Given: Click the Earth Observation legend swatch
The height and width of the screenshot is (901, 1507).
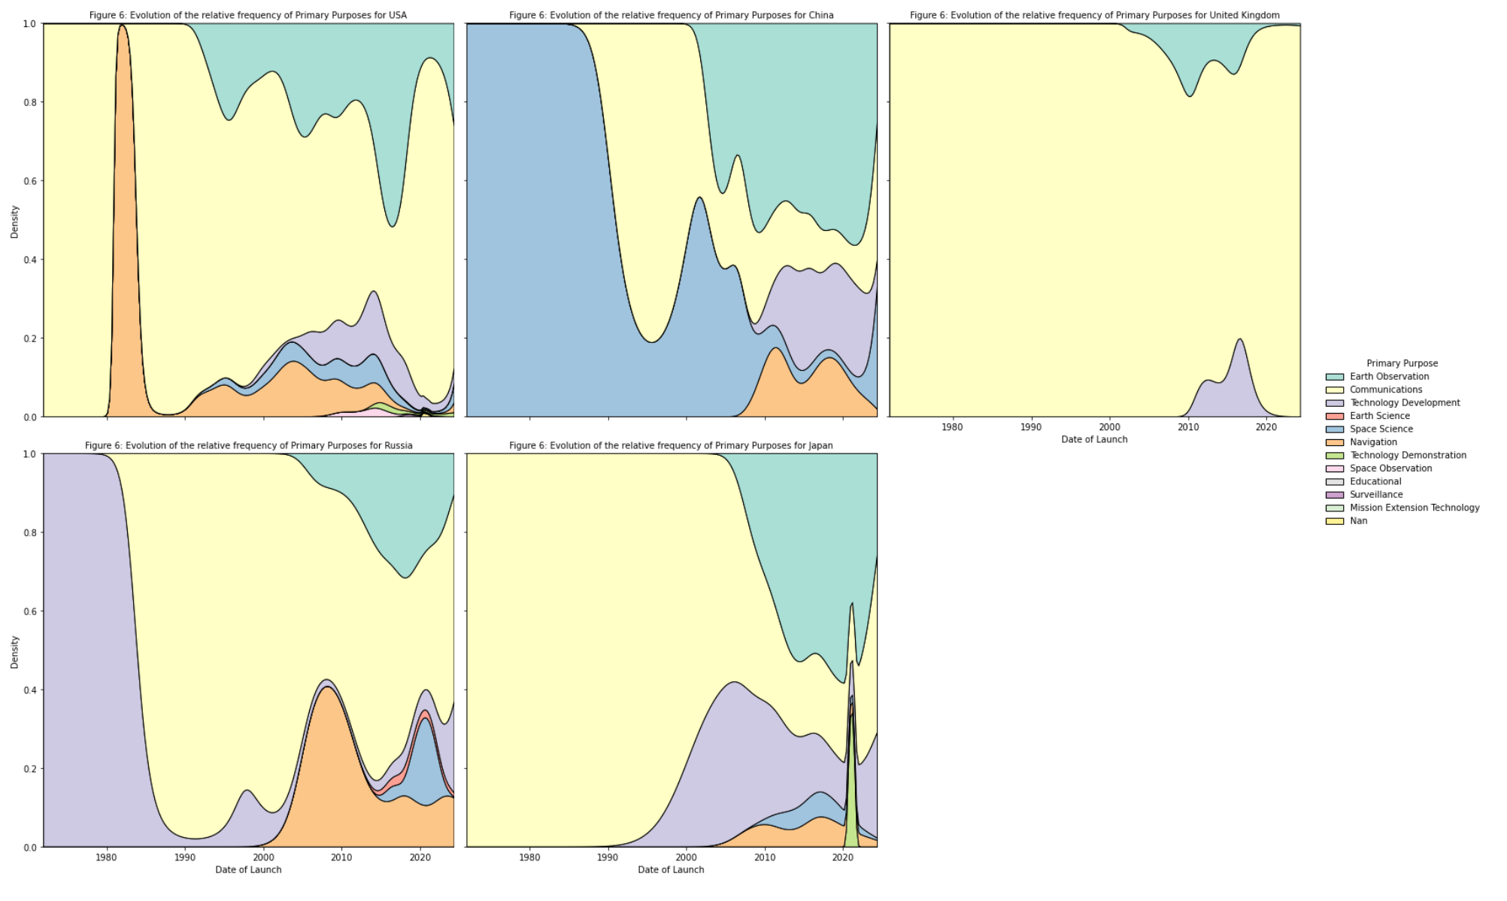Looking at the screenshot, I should point(1334,377).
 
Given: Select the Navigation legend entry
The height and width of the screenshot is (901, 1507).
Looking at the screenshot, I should point(1372,442).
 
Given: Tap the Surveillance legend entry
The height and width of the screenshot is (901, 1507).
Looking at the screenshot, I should point(1375,495).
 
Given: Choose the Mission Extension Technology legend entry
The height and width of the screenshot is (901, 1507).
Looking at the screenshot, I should point(1414,508).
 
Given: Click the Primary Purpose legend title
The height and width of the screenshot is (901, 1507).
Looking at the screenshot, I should point(1402,363).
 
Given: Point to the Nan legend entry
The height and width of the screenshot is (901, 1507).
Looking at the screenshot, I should point(1358,521).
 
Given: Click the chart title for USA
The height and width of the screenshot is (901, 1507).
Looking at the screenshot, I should point(248,15).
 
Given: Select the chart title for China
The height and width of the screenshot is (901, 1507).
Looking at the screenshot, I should point(671,15).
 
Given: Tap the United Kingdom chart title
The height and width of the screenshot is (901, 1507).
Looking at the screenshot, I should point(1094,15).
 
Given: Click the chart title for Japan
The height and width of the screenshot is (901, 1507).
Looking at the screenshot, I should point(671,445).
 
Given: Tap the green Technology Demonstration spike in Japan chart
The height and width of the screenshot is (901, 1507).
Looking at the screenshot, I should point(851,812).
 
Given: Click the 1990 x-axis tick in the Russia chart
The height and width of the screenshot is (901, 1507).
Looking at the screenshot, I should point(185,857).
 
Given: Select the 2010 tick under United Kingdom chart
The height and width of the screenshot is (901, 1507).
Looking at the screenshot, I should point(1188,427).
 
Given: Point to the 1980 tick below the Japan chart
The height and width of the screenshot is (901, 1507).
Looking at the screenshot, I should point(529,857).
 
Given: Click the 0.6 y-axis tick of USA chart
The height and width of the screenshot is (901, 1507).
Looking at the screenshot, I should point(29,181).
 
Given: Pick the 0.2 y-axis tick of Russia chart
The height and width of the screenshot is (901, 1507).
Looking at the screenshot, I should point(29,769).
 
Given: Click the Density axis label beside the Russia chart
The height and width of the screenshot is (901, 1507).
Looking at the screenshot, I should point(14,651).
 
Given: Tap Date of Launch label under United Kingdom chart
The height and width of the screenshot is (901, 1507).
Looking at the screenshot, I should point(1094,439).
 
